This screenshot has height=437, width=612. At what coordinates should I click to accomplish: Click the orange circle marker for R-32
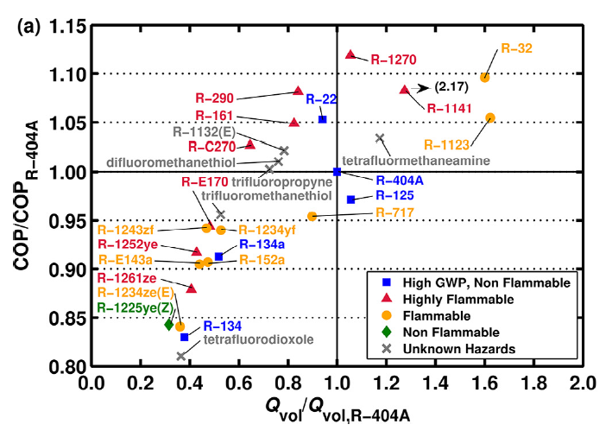(x=485, y=77)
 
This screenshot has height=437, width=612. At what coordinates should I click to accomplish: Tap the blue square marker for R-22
(x=323, y=119)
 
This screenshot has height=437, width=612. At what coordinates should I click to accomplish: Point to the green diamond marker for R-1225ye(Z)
(x=169, y=325)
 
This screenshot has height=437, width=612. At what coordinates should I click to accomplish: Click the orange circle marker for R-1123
(x=490, y=117)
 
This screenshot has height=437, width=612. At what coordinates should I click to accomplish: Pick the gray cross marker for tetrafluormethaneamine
(x=380, y=138)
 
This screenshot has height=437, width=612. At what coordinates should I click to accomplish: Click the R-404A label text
(x=398, y=180)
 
